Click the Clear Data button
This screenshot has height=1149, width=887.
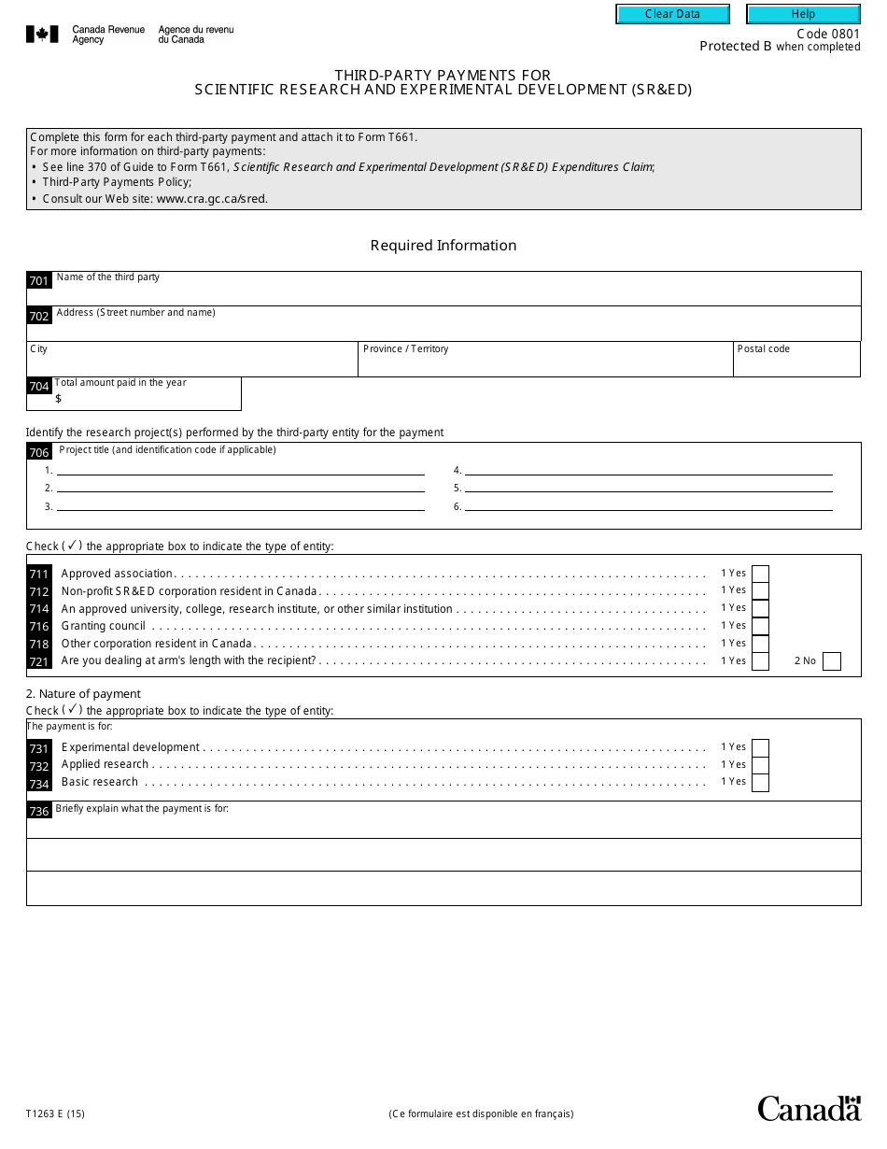[672, 14]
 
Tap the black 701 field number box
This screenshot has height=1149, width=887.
[38, 280]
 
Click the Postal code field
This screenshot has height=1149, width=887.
[796, 363]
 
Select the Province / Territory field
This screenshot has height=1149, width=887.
[545, 363]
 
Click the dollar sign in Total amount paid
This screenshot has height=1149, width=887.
[59, 399]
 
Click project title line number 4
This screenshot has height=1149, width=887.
[649, 471]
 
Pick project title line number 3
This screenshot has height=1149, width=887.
[241, 506]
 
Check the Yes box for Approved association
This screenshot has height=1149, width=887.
[760, 574]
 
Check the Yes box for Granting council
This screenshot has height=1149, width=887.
[760, 626]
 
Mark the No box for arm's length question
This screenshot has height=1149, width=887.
[832, 661]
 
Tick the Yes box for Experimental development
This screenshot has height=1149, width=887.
[760, 747]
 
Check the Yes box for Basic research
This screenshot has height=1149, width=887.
[760, 782]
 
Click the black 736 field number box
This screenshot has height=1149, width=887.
[38, 811]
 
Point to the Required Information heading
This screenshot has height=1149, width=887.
[443, 246]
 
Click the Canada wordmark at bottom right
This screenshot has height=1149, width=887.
[809, 1108]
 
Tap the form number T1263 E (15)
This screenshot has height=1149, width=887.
[55, 1114]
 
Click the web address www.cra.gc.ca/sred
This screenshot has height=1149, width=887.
[212, 199]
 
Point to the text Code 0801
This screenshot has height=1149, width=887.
[828, 34]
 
